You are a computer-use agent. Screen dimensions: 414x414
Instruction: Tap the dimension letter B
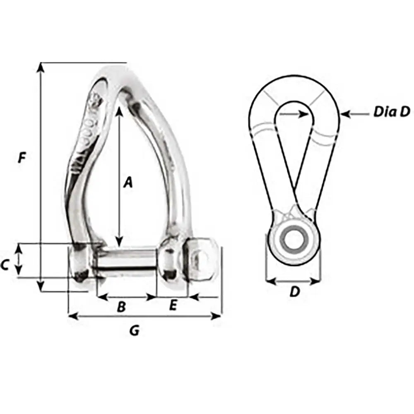[121, 307]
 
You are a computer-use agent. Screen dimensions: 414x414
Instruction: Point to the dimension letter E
[173, 306]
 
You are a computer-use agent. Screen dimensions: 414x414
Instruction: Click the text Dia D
[391, 111]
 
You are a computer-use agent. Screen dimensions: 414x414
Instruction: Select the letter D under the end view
[294, 292]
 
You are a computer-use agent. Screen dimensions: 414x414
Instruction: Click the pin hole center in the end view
[293, 239]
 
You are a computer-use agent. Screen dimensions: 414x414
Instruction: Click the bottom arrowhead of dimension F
[40, 287]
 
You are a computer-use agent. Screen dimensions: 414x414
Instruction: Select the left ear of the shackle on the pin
[82, 265]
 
